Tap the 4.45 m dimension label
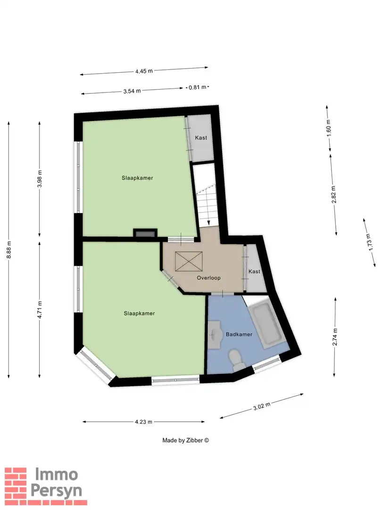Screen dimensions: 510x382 click(144, 71)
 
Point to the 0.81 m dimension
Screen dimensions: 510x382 click(197, 87)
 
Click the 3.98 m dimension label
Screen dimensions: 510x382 click(40, 178)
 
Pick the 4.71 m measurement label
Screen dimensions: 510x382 click(40, 310)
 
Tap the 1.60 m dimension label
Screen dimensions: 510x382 click(329, 128)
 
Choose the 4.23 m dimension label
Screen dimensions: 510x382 click(143, 422)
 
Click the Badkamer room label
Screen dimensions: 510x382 click(239, 334)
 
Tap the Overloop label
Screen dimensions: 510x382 click(208, 278)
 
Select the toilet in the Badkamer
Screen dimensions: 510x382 click(235, 358)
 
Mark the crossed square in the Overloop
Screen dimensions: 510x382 click(189, 262)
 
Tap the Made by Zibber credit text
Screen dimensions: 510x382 click(185, 440)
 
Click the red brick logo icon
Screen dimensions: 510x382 click(16, 483)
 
